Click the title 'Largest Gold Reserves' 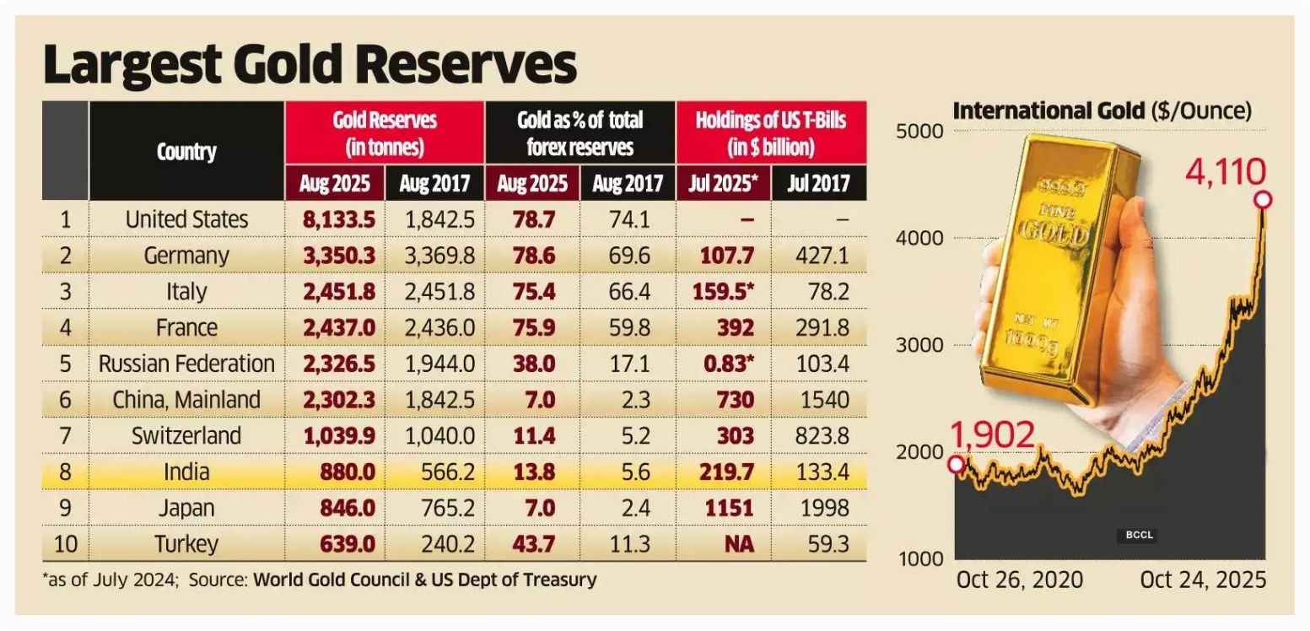[310, 66]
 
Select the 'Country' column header [186, 152]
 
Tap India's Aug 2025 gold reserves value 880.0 [348, 472]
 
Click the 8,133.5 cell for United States [335, 220]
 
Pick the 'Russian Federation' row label [186, 364]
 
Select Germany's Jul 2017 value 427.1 [822, 256]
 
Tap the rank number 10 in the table [65, 544]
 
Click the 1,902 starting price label [992, 435]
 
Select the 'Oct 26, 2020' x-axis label [1019, 580]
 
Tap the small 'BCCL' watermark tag [1139, 535]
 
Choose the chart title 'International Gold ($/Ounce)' [1102, 111]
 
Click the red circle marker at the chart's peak [1263, 200]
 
